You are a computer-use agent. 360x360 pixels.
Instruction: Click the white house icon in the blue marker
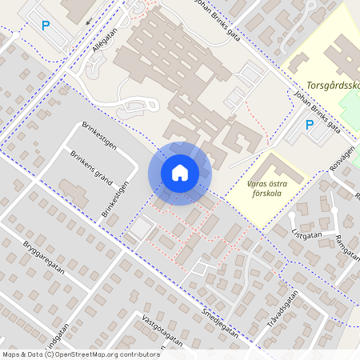click(180, 172)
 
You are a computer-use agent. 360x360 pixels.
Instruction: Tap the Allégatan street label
click(103, 38)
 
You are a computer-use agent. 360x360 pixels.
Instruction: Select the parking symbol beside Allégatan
click(46, 26)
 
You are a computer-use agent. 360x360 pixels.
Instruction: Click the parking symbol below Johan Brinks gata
click(310, 124)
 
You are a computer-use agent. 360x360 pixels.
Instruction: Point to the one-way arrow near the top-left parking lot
click(90, 22)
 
